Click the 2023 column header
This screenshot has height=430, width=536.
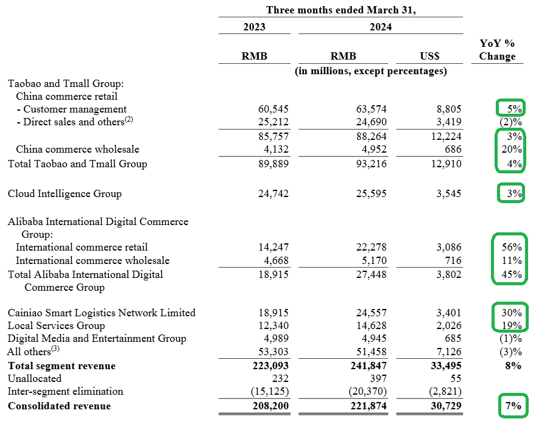pos(254,27)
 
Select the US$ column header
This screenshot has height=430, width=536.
pos(429,56)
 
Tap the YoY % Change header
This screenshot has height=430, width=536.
pos(497,49)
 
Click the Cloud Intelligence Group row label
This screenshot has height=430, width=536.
pos(65,193)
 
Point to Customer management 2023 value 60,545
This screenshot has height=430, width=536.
pos(273,109)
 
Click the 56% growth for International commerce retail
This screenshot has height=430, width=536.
pos(512,247)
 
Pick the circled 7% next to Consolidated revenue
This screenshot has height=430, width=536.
pos(513,406)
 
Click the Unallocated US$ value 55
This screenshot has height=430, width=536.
pos(456,378)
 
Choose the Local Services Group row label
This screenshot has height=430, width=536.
pos(57,325)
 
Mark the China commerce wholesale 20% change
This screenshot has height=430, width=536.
pos(512,149)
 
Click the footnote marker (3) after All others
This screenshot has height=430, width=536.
pos(55,349)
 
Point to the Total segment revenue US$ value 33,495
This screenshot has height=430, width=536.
pos(446,366)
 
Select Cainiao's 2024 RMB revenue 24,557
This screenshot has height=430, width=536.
pos(371,313)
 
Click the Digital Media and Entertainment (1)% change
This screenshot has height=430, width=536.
pos(510,339)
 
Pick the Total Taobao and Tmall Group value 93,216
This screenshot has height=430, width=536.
pos(371,164)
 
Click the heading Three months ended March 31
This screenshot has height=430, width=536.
pos(341,10)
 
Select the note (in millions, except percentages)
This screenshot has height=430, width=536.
pos(371,71)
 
